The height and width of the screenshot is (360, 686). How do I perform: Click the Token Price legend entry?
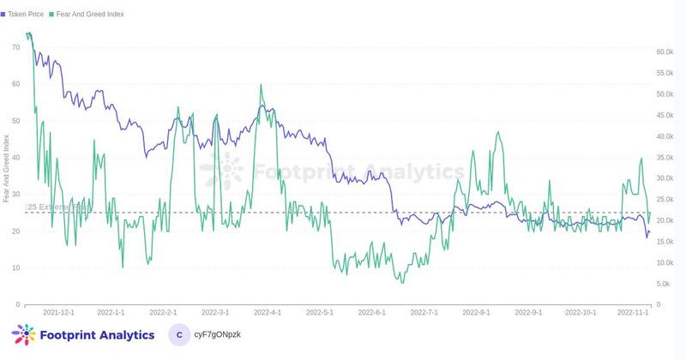(26, 15)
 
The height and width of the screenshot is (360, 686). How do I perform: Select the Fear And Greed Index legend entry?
(91, 15)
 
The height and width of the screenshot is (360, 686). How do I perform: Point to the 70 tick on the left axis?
(15, 46)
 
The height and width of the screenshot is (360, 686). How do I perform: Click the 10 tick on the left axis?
(15, 267)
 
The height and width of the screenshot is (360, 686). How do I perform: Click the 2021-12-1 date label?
(58, 314)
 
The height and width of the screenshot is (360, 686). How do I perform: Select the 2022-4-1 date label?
(268, 314)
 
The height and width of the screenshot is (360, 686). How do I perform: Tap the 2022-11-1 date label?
(635, 314)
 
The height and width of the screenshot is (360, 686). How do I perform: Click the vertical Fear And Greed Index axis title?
(7, 168)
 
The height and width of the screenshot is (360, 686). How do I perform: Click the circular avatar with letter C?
(178, 335)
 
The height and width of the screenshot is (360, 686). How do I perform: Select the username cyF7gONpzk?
(219, 335)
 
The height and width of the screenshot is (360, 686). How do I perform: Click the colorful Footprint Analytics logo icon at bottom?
(23, 335)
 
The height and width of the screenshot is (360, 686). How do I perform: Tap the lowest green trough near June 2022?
(401, 283)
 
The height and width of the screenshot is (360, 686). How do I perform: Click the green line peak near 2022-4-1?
(261, 85)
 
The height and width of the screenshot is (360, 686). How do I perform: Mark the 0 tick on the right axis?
(656, 304)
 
